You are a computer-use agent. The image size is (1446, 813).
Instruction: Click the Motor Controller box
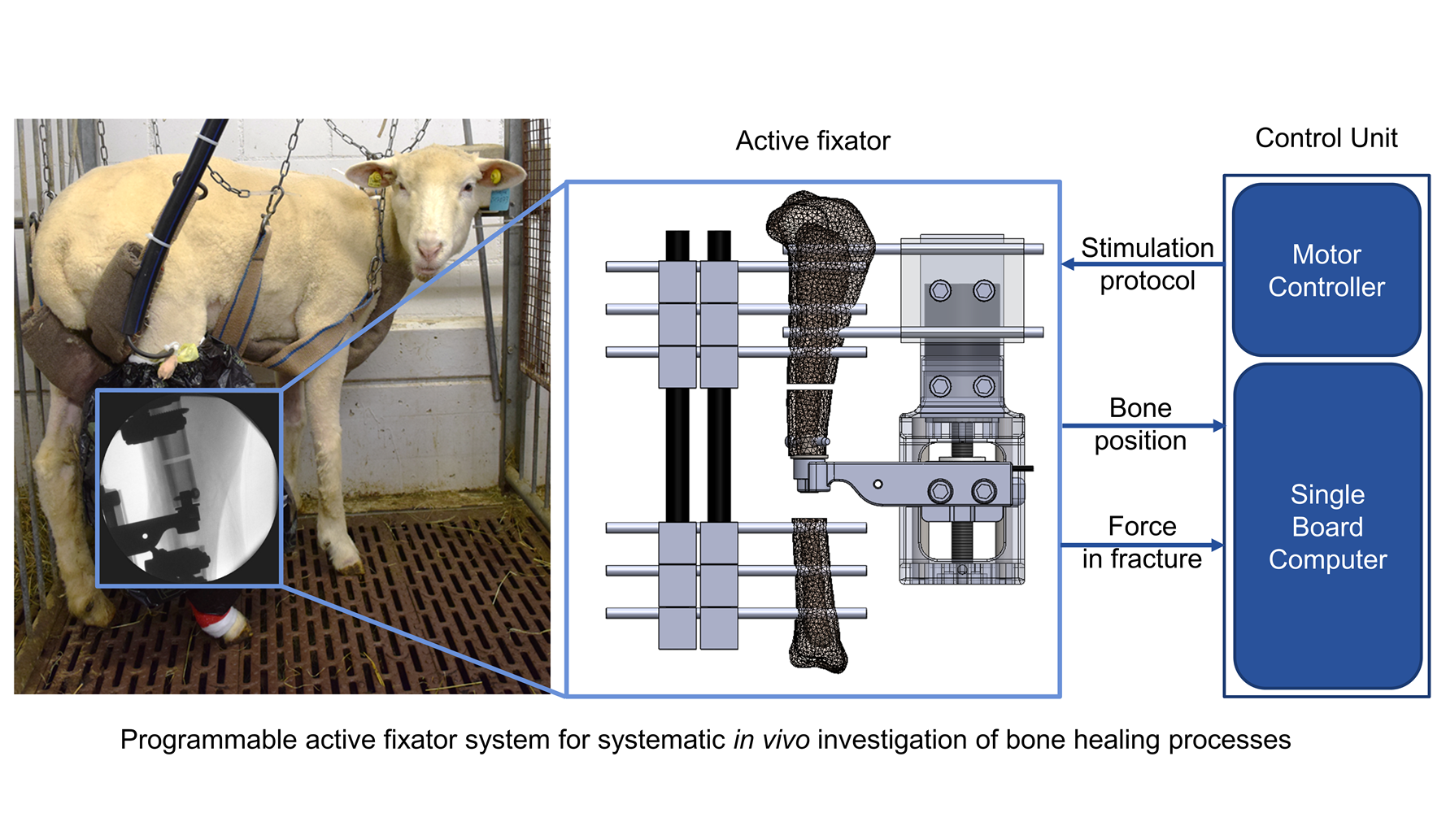tap(1326, 270)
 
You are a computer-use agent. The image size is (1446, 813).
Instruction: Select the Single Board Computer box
tap(1327, 526)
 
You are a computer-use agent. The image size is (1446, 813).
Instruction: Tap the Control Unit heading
tap(1326, 138)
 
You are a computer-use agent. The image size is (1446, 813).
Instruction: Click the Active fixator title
tap(812, 141)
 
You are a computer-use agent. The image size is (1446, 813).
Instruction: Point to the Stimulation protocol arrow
tap(1142, 264)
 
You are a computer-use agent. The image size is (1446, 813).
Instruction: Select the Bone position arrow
tap(1142, 425)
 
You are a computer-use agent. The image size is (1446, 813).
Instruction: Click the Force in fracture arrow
tap(1142, 545)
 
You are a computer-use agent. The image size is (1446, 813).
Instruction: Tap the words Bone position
tap(1140, 424)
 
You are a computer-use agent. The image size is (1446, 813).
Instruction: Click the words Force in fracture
tap(1142, 542)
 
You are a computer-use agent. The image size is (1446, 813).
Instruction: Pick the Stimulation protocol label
tap(1147, 264)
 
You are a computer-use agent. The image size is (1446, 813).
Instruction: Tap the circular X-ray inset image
tap(188, 488)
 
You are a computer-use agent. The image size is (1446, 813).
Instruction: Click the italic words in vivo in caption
tap(771, 740)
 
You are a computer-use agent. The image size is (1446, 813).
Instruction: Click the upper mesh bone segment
tap(817, 285)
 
